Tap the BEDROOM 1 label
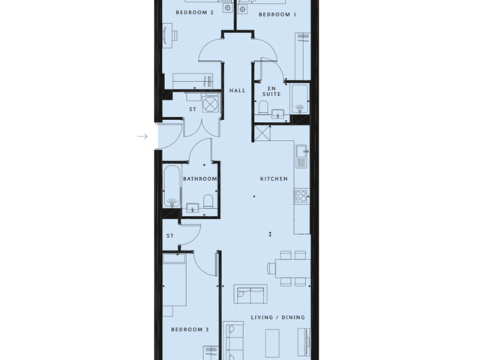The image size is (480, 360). tap(277, 14)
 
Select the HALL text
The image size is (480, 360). tap(238, 91)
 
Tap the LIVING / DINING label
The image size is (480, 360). tap(278, 318)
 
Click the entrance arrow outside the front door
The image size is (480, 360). tap(142, 136)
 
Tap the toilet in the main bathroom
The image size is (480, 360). tap(208, 200)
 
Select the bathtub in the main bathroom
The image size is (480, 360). tap(171, 187)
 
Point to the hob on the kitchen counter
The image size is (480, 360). tap(301, 196)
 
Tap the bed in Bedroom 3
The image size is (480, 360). tap(175, 284)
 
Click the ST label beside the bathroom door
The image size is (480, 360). tap(170, 235)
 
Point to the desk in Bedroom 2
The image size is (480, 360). tap(169, 33)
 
